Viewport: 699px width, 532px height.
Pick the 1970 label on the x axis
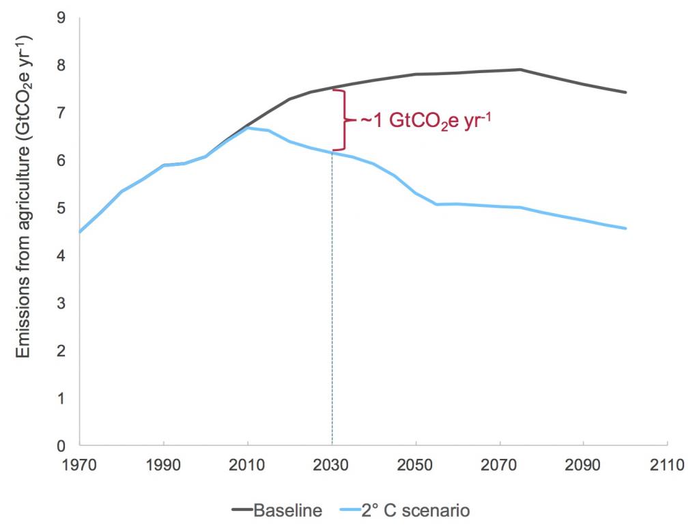80,465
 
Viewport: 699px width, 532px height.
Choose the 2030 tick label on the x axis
332,465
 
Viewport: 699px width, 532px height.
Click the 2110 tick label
668,465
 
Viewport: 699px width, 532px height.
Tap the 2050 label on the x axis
416,465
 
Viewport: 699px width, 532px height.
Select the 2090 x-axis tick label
584,465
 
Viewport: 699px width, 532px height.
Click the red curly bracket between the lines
345,120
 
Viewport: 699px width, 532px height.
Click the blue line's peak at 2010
248,128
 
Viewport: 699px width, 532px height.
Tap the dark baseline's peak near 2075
520,69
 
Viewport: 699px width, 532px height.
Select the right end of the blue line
626,228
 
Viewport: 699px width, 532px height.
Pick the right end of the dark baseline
626,92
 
